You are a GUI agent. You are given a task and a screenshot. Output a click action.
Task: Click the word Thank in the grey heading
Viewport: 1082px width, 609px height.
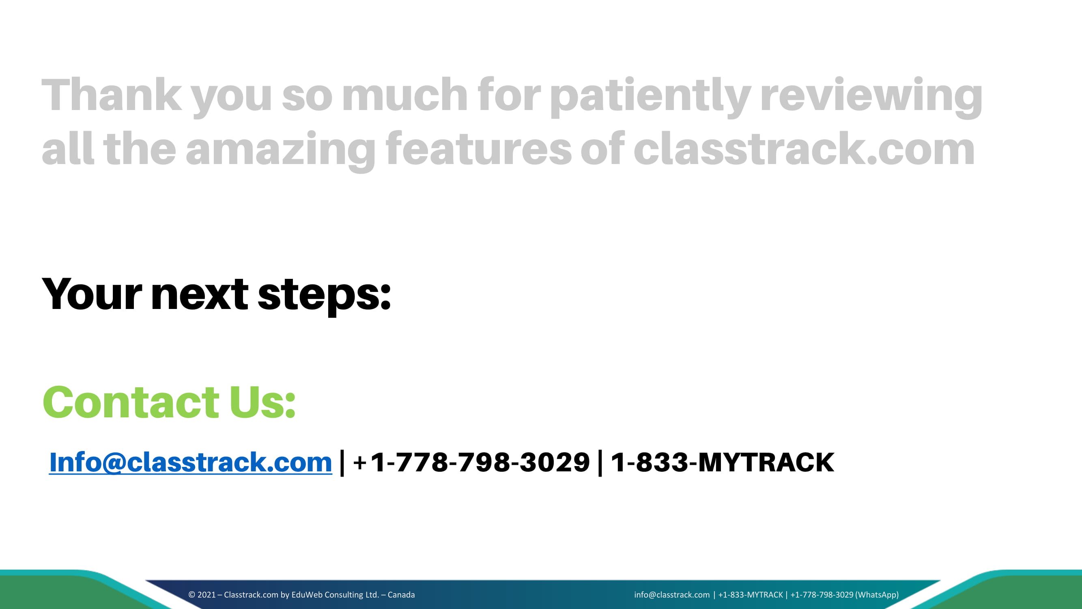tap(112, 95)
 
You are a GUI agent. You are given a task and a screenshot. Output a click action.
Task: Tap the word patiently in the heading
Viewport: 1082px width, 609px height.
tap(650, 97)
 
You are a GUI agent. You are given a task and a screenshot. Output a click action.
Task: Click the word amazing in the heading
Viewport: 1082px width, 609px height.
tap(281, 152)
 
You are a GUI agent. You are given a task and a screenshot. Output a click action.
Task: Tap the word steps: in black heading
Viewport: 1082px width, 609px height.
tap(324, 297)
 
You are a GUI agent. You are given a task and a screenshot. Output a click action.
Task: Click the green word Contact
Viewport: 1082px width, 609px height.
tap(131, 402)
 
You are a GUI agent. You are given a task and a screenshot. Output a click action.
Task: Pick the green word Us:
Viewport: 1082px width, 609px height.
tap(262, 402)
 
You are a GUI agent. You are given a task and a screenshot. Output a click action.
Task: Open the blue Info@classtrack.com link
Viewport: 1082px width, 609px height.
tap(191, 462)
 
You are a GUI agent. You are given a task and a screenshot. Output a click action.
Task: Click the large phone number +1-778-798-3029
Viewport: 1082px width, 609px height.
tap(472, 462)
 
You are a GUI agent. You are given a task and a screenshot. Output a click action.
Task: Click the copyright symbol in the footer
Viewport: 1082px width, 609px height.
tap(191, 595)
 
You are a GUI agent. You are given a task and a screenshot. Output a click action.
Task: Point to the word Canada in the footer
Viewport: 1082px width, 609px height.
tap(401, 595)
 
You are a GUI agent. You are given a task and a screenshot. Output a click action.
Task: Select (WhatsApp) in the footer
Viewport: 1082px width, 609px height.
tap(877, 595)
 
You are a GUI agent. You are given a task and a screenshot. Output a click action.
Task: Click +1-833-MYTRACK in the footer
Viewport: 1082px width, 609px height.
tap(751, 595)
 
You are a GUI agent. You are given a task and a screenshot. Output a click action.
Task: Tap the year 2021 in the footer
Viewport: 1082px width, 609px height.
tap(206, 595)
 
